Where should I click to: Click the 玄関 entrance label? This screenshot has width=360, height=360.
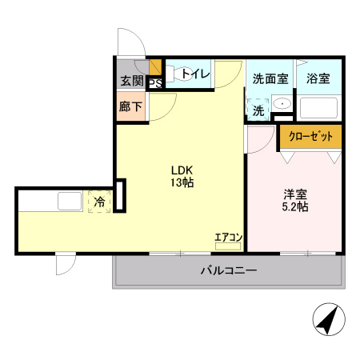point(132,80)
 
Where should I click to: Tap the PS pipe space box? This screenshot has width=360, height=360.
point(154,81)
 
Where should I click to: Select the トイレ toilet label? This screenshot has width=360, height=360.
point(195,74)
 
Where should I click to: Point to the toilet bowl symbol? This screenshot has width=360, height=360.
point(178,73)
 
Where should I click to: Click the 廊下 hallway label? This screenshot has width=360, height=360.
point(130,106)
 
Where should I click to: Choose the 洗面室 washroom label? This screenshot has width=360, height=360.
point(270,78)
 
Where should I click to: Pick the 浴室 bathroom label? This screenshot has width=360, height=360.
point(318,78)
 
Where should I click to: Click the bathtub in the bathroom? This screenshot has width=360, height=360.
point(318,107)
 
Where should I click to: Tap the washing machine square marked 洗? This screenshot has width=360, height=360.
point(258,110)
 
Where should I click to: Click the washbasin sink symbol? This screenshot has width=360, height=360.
point(282,105)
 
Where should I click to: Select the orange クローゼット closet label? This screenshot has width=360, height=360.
point(310,136)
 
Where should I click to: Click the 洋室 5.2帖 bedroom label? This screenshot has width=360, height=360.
point(295,200)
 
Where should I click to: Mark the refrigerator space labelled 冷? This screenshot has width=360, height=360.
point(99,202)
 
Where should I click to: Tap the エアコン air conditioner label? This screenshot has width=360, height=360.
point(228,238)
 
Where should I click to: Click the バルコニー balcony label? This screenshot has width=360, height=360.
point(228,271)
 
